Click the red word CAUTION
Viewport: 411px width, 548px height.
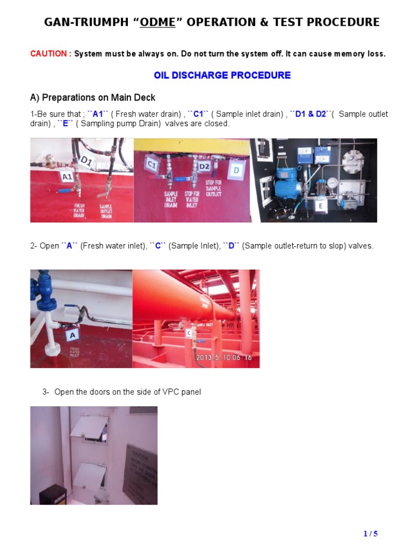tap(50, 54)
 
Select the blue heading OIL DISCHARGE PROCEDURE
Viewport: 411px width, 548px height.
tap(222, 75)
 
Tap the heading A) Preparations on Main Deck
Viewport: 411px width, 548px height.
tap(93, 97)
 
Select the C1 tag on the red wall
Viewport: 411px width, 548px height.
tap(151, 165)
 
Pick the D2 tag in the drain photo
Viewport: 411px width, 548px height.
tap(204, 166)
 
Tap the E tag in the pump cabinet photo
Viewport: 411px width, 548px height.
tap(321, 205)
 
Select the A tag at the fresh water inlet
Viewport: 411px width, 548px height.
tap(72, 335)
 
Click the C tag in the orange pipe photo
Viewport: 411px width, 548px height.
tap(188, 333)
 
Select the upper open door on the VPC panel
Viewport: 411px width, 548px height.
tap(89, 429)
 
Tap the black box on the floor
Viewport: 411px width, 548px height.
tap(52, 494)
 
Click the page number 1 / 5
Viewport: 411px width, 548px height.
tap(370, 534)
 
